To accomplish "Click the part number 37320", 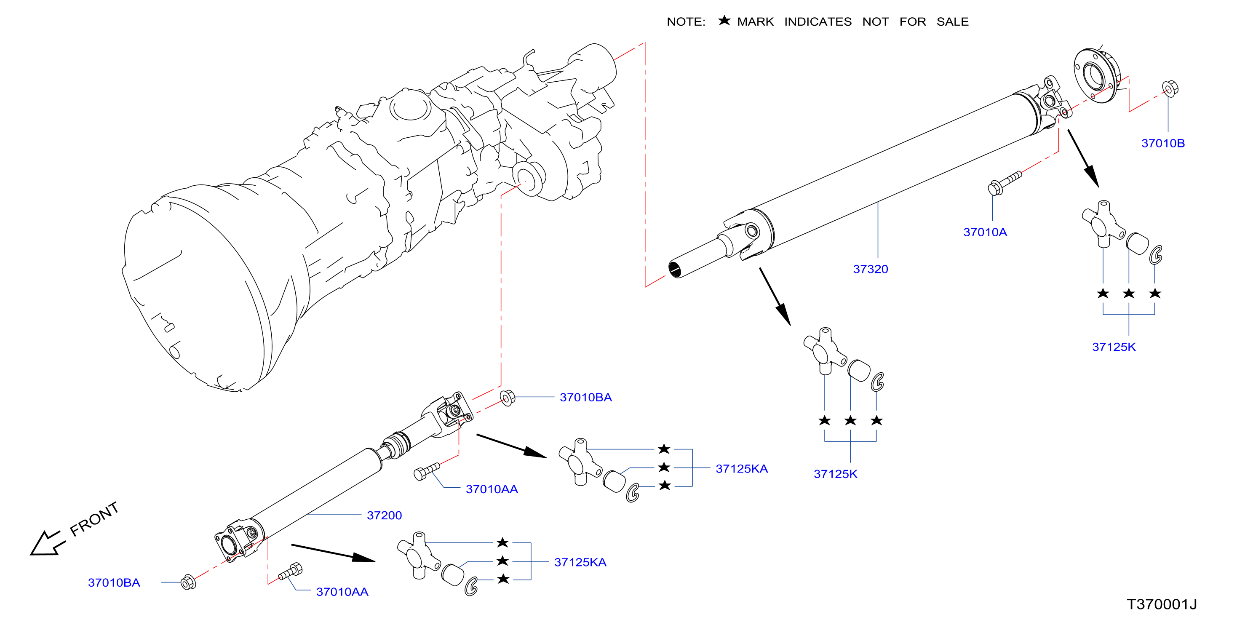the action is click(870, 269).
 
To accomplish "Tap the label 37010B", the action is click(1163, 143).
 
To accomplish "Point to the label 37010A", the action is click(985, 232).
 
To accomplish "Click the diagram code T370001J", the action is click(1161, 604).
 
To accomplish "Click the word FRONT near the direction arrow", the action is click(94, 519).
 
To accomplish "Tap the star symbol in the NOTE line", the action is click(724, 20).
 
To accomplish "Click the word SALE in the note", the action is click(952, 22).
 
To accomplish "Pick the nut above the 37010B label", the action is click(1170, 88).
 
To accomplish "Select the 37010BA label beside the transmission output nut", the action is click(585, 397).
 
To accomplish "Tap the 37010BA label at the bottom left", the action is click(114, 582).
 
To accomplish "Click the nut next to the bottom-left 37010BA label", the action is click(188, 582).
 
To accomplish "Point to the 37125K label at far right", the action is click(1114, 347).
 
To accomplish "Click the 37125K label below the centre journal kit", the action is click(835, 474).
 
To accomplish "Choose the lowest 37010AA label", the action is click(342, 592).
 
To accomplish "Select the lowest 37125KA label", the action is click(580, 562).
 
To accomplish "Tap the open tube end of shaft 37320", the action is click(675, 269).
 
